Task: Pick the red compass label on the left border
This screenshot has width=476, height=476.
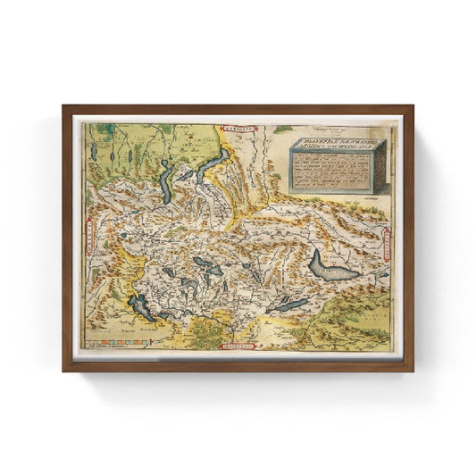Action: tap(90, 238)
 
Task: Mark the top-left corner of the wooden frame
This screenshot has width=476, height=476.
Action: tap(64, 107)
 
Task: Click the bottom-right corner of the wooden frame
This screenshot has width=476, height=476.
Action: tap(412, 369)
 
